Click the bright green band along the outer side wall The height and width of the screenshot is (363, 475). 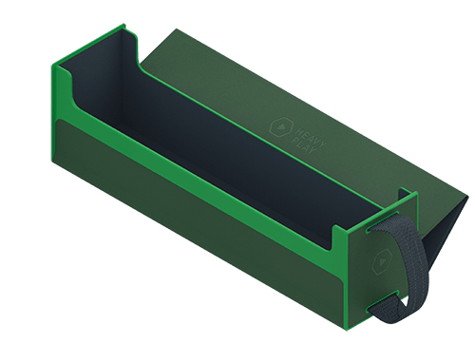(190, 181)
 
